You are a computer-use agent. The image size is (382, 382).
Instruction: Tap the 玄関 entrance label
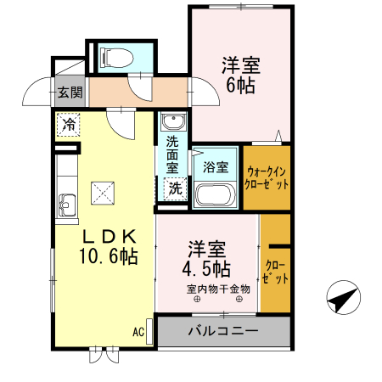[70, 93]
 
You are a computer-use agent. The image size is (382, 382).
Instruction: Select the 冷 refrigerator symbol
[68, 126]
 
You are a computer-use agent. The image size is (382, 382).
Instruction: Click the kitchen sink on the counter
[67, 205]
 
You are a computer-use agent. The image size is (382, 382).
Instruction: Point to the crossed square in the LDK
[104, 193]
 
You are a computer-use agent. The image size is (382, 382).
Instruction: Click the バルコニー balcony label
[222, 329]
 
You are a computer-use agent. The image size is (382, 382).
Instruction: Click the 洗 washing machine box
[175, 188]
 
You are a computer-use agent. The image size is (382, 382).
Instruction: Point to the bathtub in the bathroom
[216, 194]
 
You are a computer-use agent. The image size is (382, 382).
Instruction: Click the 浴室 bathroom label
[216, 167]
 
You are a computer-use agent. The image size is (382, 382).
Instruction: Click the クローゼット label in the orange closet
[275, 271]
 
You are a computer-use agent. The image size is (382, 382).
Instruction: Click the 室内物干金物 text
[220, 289]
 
